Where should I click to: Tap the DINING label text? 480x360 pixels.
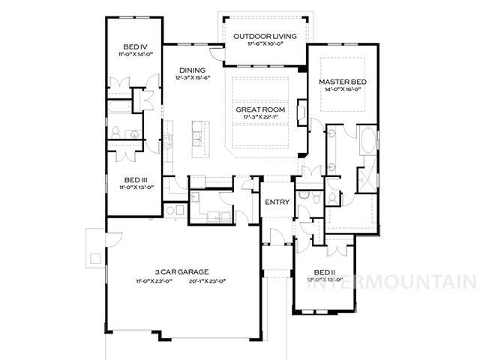pos(192,70)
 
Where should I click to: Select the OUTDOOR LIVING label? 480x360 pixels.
pos(265,36)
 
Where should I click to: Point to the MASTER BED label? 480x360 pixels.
pos(341,81)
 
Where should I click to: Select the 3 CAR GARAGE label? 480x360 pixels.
pos(181,271)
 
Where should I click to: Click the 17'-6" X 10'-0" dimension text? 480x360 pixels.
pos(265,44)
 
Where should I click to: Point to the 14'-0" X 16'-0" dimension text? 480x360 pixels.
pos(341,89)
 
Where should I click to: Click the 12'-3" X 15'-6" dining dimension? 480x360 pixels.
pos(192,77)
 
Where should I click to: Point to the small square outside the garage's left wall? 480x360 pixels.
pos(95,258)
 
